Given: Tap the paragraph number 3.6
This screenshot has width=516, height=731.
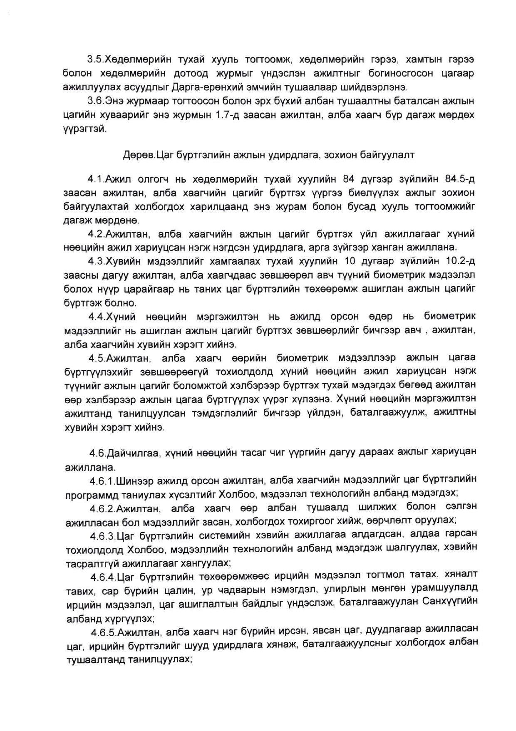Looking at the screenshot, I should click(x=95, y=101).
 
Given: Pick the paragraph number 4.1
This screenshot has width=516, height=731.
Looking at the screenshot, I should click(x=96, y=179).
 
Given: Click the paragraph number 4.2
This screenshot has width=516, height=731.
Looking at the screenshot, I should click(x=96, y=234).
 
